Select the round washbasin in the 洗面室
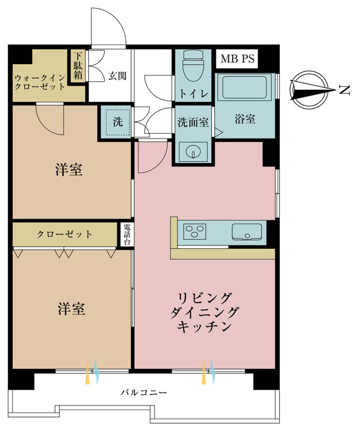(x=192, y=152)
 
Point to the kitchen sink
(x=248, y=232)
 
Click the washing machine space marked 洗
(x=117, y=121)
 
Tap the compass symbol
(x=311, y=90)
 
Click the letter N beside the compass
(x=344, y=90)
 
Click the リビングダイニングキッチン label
(x=204, y=312)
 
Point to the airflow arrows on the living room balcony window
(x=207, y=372)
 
